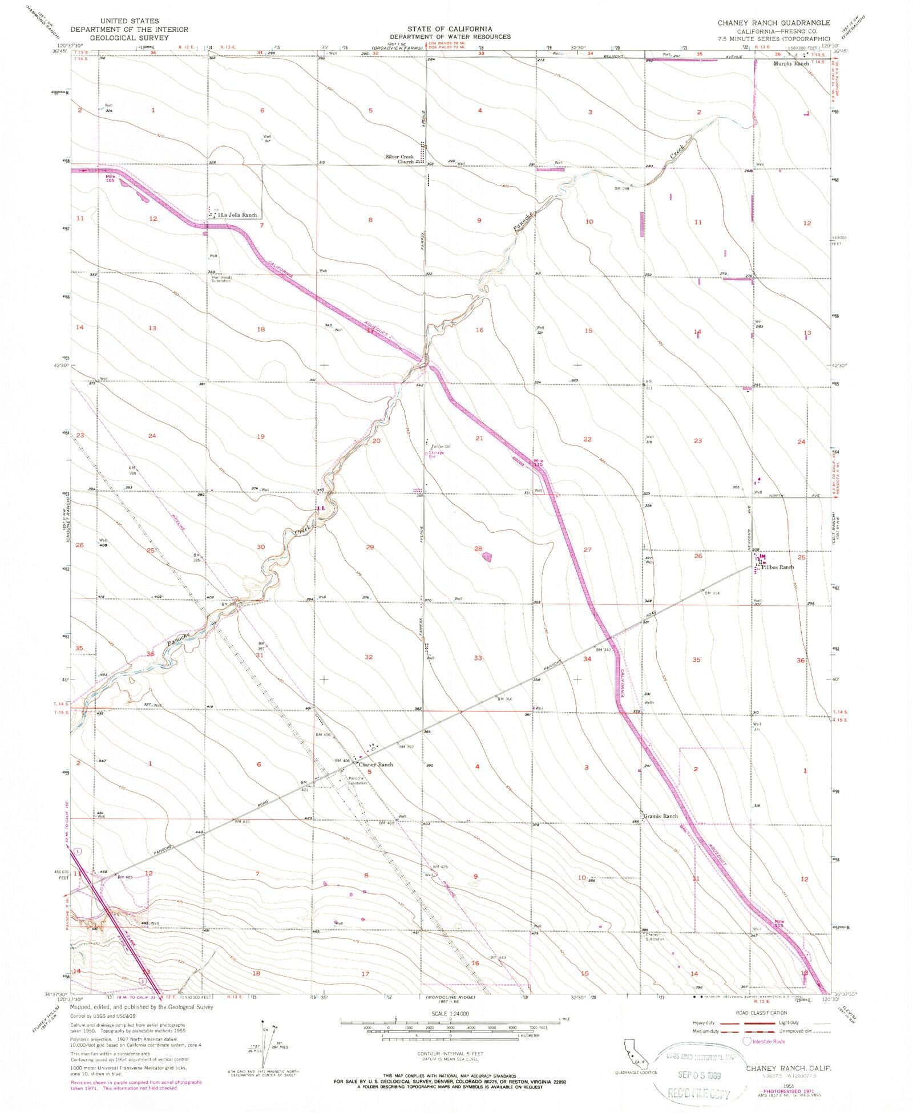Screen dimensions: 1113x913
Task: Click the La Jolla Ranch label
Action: click(x=239, y=215)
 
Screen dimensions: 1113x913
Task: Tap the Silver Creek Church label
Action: click(x=399, y=159)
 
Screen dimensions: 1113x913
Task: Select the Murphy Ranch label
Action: click(x=791, y=64)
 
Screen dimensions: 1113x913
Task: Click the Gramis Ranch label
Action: click(x=661, y=816)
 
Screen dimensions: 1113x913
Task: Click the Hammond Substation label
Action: click(x=219, y=279)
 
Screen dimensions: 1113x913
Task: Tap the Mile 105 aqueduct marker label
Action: click(x=110, y=179)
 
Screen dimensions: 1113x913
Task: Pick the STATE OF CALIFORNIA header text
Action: click(x=450, y=29)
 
